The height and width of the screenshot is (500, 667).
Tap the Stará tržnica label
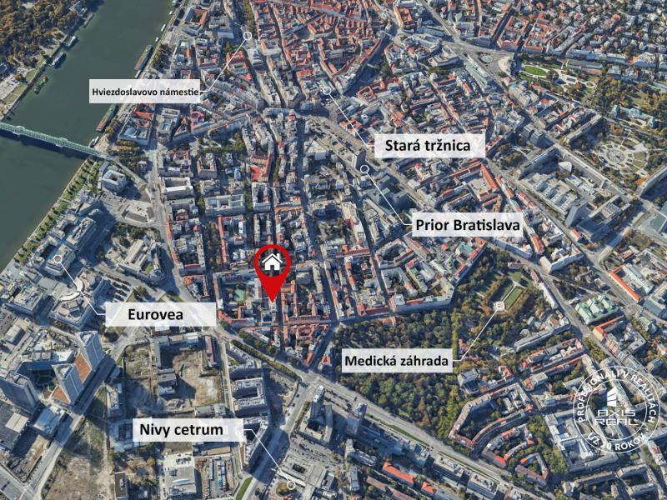422,147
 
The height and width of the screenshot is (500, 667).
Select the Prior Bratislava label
468,225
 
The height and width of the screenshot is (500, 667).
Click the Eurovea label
161,314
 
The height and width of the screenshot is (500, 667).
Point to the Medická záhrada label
397,361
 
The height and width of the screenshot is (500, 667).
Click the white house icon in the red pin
272,262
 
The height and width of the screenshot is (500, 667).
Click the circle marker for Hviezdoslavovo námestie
248,36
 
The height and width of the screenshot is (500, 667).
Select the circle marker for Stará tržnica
327,90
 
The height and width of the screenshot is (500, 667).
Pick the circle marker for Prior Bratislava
364,168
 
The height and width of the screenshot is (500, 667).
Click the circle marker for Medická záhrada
499,307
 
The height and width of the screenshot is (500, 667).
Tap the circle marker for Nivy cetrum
290,484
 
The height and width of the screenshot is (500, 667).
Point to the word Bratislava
484,225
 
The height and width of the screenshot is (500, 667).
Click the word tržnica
443,147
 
